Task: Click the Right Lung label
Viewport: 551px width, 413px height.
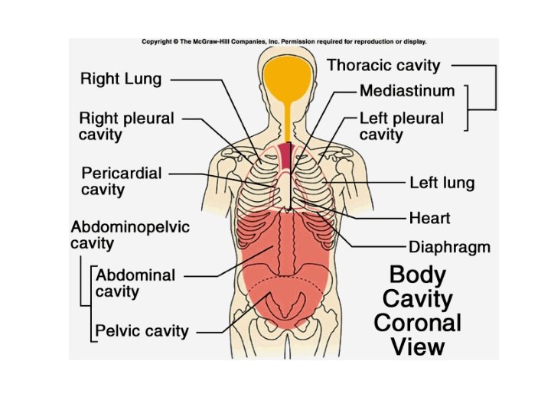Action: [121, 79]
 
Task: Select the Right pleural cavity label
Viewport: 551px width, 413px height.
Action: [127, 126]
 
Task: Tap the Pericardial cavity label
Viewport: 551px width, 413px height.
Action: [122, 181]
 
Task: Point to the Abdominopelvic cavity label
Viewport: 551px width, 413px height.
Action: [129, 236]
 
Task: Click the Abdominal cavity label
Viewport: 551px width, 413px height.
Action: [135, 283]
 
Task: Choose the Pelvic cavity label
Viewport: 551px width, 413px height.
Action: [142, 331]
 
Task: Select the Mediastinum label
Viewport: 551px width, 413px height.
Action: [406, 91]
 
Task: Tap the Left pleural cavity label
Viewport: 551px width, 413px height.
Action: [401, 126]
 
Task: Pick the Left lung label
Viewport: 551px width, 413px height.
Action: [442, 183]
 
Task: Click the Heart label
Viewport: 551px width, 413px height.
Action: [429, 218]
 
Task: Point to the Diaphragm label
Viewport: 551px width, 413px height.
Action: [449, 247]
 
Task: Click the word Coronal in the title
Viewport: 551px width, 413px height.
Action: [418, 322]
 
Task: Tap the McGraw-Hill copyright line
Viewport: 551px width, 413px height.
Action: [284, 42]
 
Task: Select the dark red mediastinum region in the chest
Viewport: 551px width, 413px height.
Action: [285, 157]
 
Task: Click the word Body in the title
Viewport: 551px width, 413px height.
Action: [418, 275]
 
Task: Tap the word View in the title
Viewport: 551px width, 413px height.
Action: [418, 346]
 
